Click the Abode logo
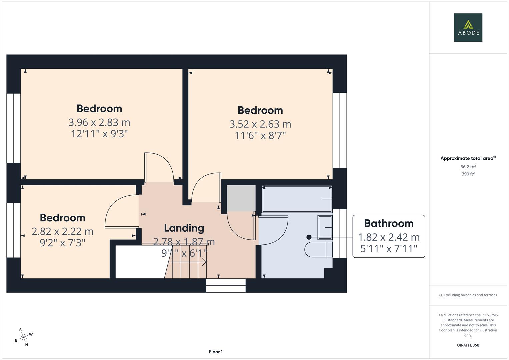468,28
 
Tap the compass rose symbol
23,338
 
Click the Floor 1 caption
216,352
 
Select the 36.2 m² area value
468,167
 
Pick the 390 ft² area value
468,174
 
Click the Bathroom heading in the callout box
389,223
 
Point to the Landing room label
184,228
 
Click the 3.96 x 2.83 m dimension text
99,122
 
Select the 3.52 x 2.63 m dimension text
260,124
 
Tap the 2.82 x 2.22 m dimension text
62,231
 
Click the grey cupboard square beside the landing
241,198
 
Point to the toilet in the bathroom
319,250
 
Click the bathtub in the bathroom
297,199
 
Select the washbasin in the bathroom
325,227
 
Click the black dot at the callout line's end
309,237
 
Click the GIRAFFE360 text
468,345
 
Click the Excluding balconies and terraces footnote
468,295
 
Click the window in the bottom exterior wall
226,286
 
